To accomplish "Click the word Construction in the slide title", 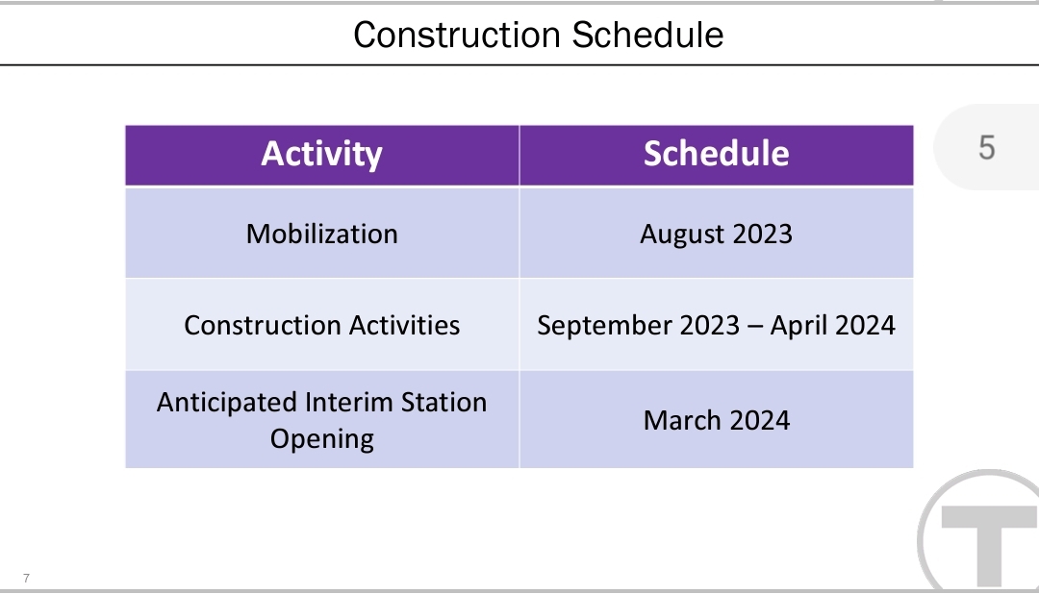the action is [x=458, y=35].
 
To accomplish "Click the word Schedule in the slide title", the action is [x=647, y=35].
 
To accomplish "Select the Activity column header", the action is [x=322, y=155].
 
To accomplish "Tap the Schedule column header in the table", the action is [x=717, y=155].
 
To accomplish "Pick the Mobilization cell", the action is [x=322, y=234].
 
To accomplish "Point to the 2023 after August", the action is [x=762, y=234].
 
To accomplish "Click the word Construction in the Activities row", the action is [x=262, y=325].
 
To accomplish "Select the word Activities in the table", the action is [x=404, y=325].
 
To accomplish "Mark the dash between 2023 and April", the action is [x=755, y=327].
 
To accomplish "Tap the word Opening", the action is [x=322, y=439].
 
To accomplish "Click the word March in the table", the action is [x=678, y=420].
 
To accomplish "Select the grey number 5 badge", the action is [x=987, y=147].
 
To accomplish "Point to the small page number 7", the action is [x=27, y=578].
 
